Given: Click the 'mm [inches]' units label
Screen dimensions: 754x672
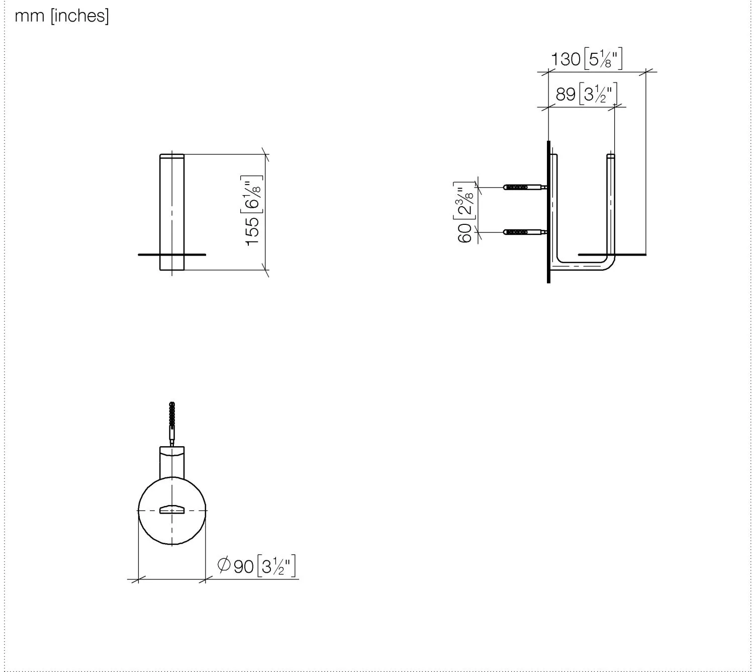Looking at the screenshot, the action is (x=62, y=16).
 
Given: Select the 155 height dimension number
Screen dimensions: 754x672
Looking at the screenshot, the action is (x=252, y=231).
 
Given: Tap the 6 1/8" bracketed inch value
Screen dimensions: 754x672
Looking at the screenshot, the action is (x=251, y=194).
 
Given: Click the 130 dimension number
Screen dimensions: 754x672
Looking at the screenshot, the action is (x=565, y=59).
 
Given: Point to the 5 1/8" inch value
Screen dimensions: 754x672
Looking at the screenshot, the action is (x=603, y=58).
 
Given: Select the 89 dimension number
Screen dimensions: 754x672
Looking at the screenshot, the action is (x=565, y=94).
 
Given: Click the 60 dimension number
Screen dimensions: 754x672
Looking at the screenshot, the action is (x=464, y=233).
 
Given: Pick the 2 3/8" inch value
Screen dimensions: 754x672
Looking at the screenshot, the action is (x=464, y=201).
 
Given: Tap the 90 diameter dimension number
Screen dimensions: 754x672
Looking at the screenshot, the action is (x=243, y=566).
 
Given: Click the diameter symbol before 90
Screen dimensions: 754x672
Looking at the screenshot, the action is (x=224, y=565).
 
